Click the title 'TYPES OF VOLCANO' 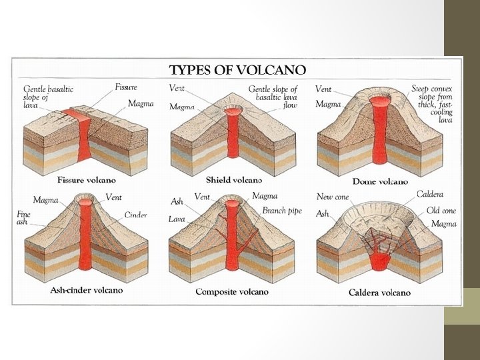pos(237,70)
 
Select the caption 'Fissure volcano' pos(87,180)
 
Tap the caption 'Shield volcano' pos(234,180)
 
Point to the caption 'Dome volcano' pos(380,181)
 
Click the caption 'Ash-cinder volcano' pos(87,291)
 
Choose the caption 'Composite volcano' pos(232,292)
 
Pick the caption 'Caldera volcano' pos(379,293)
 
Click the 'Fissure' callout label pos(126,87)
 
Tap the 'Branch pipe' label pos(281,211)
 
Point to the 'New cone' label pos(333,197)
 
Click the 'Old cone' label pos(441,211)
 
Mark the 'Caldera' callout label pos(430,195)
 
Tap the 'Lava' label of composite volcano pos(177,219)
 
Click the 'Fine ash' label pos(23,219)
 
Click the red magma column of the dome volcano pos(380,133)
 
